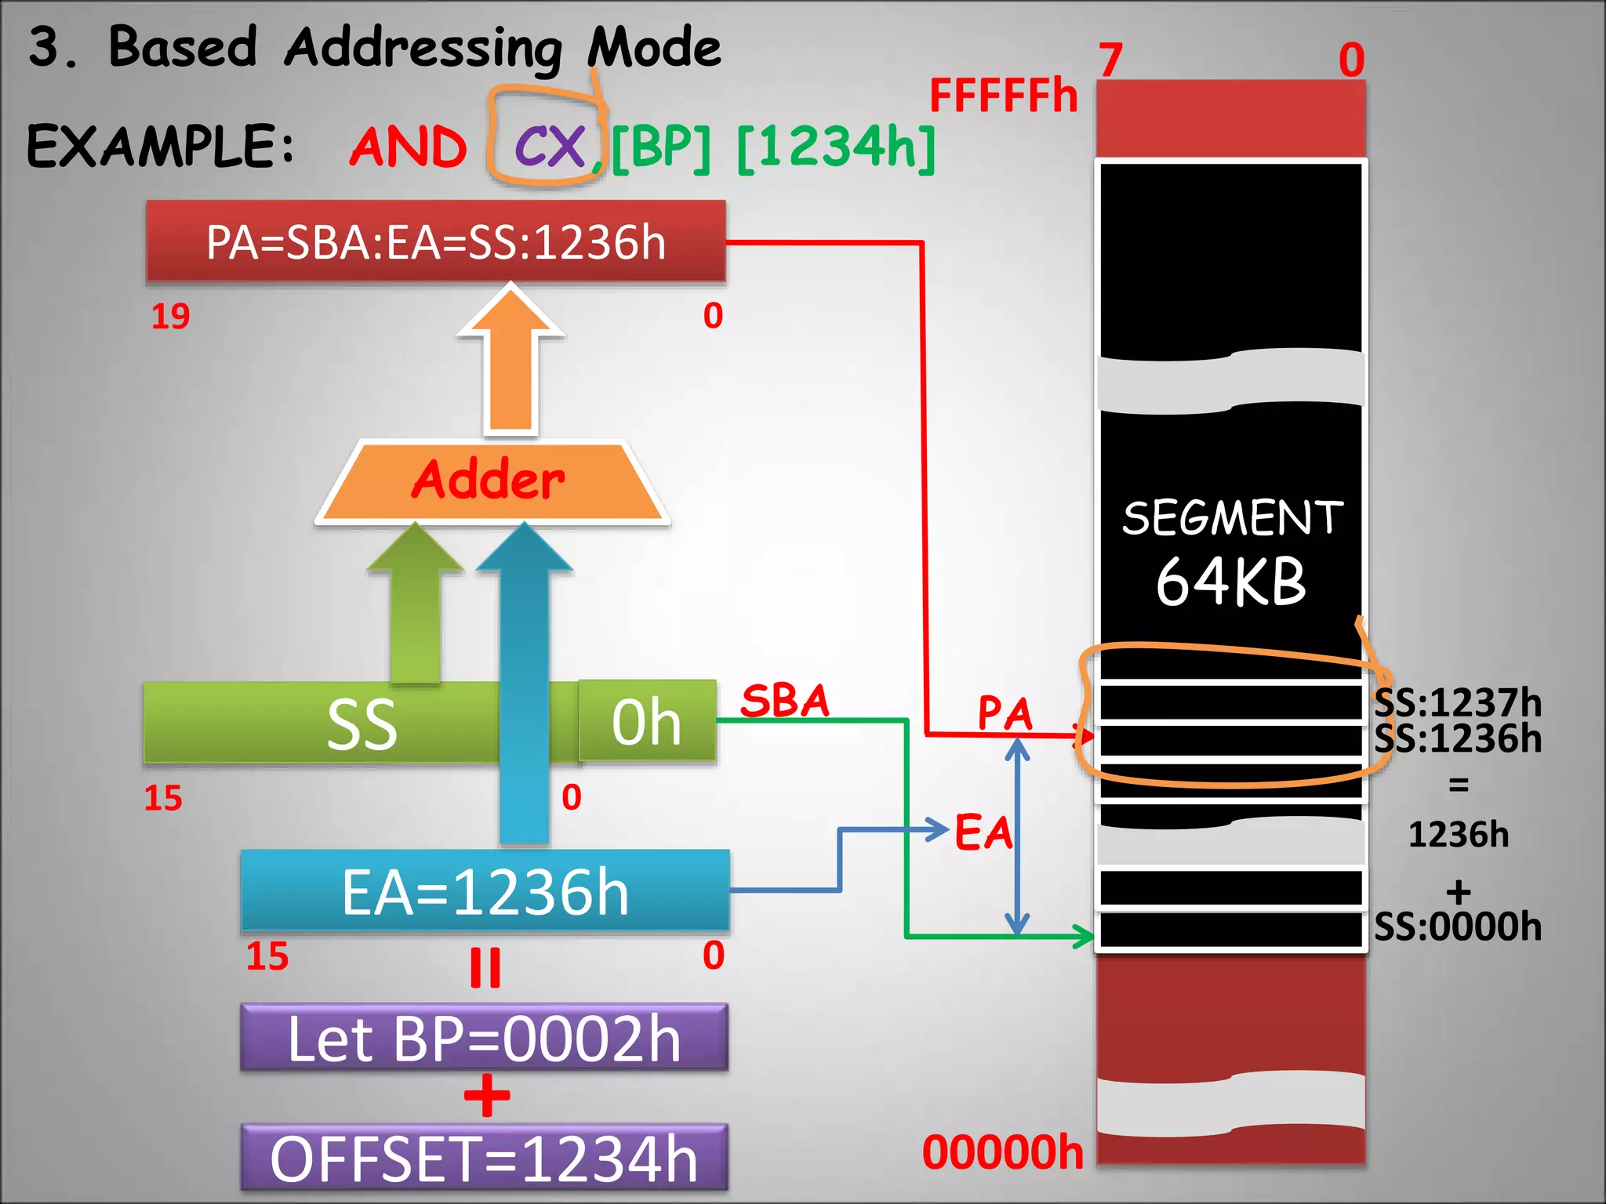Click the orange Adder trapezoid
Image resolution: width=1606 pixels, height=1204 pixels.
492,481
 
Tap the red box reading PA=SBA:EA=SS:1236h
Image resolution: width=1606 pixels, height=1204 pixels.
436,241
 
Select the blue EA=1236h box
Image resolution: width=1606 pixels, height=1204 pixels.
485,892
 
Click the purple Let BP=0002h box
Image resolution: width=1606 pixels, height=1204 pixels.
485,1039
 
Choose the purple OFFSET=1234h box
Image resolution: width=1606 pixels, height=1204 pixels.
485,1159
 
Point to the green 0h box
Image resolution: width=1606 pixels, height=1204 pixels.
647,721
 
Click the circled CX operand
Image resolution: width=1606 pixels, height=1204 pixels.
549,146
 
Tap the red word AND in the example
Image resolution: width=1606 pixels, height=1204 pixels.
408,147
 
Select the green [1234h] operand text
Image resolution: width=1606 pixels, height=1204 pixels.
836,147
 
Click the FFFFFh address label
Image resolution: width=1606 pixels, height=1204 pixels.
1003,96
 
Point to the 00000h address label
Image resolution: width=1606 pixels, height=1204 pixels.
1003,1151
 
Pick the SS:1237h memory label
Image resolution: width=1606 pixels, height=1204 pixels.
1457,702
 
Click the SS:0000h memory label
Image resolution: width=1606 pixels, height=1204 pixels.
1457,927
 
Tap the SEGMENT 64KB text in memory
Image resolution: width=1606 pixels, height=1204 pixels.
1231,553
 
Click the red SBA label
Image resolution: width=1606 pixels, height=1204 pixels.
784,700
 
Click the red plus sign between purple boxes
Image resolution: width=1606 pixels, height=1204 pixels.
486,1095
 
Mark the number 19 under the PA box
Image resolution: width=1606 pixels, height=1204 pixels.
170,316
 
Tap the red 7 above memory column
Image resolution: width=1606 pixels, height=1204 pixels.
1110,60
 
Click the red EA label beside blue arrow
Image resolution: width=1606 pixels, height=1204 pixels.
983,832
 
